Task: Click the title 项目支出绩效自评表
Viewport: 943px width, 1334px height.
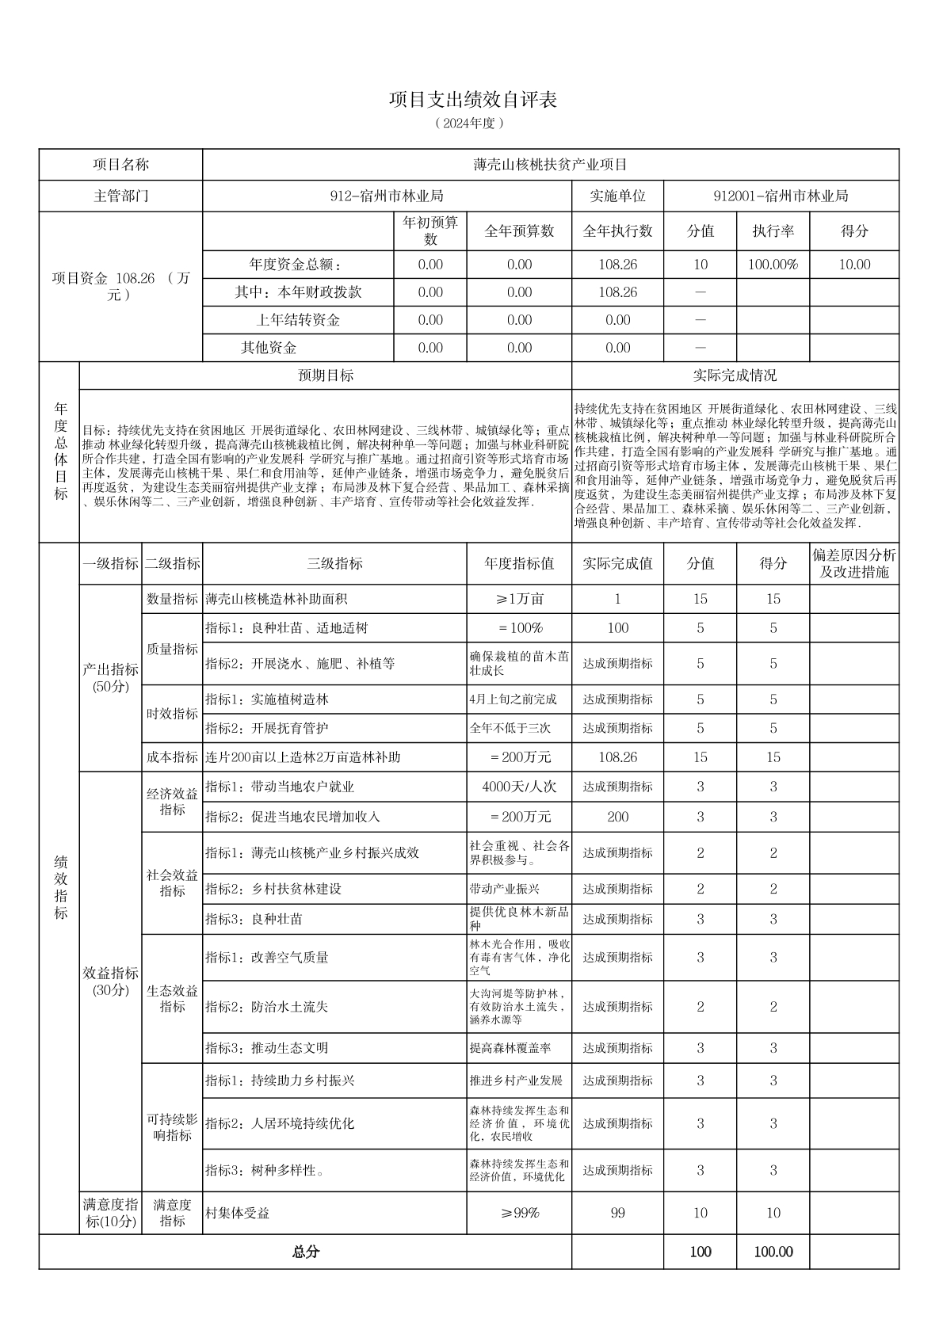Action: point(472,100)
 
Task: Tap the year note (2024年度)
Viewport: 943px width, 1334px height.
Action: point(471,124)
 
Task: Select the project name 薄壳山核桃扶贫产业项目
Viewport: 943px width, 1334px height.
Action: point(550,165)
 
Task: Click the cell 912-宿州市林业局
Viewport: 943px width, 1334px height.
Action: point(387,196)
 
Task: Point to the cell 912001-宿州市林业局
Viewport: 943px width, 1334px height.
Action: point(781,196)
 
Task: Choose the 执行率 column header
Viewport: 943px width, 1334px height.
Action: point(773,231)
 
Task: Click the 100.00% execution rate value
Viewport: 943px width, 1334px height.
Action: point(773,265)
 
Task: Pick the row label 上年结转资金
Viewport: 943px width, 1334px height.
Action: point(298,320)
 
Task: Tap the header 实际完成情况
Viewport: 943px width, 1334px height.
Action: point(735,375)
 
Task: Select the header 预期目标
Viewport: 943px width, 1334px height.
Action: point(325,375)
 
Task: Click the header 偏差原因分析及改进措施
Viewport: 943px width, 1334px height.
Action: point(853,563)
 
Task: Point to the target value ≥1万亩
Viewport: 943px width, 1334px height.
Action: point(519,599)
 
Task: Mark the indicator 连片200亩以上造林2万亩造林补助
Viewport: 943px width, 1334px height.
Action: point(304,757)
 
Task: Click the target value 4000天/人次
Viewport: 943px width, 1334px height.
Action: point(519,787)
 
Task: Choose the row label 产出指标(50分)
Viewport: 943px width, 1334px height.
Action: point(110,678)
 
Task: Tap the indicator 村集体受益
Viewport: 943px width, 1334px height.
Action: point(238,1213)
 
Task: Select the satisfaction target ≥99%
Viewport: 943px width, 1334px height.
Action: point(519,1213)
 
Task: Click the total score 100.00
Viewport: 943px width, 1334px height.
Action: point(773,1252)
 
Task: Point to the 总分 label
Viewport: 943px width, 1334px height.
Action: point(306,1252)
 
